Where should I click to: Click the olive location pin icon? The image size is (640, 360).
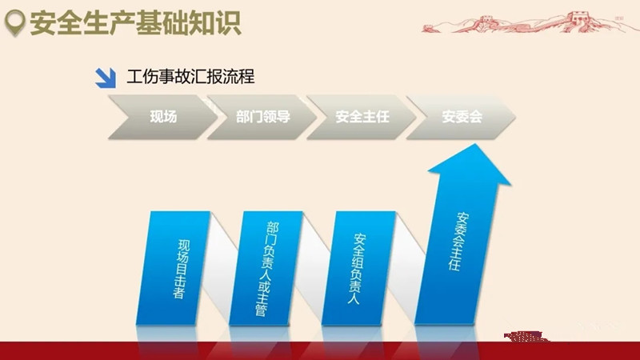point(14,23)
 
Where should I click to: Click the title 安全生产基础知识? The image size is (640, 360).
point(135,23)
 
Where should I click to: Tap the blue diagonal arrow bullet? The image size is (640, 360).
point(106,78)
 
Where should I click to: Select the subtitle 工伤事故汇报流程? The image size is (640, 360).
point(190,77)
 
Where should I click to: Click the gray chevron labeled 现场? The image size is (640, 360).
point(163,117)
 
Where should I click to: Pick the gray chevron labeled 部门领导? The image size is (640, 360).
point(262,117)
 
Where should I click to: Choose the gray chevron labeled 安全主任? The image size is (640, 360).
point(362,117)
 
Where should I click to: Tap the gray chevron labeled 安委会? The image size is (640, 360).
point(462,117)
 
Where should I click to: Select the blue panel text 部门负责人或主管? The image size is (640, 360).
point(267,269)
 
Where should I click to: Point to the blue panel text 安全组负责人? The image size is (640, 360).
point(357,269)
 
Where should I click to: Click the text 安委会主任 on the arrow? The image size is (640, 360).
point(458,242)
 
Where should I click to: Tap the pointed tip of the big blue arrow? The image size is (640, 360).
point(476,144)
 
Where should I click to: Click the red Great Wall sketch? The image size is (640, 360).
point(526,22)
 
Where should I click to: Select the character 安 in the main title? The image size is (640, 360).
point(42,23)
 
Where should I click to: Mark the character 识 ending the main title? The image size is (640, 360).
point(228,23)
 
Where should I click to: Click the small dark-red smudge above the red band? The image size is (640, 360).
point(526,337)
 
